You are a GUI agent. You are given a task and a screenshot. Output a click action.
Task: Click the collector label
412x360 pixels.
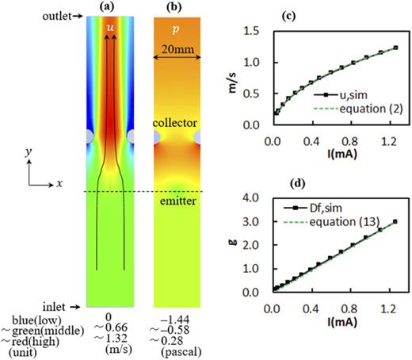click(172, 124)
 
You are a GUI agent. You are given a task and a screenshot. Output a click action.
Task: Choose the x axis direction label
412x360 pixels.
click(59, 182)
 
